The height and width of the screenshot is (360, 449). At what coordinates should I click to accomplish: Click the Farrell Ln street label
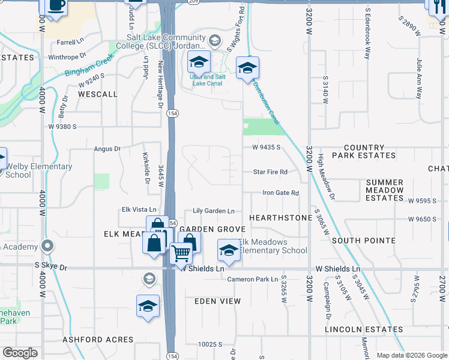(x=70, y=43)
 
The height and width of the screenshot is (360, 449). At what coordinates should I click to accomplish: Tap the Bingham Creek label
(x=85, y=67)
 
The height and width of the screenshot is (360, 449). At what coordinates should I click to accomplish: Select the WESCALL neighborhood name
(x=98, y=94)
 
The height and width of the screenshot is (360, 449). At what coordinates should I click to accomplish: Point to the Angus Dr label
(x=107, y=148)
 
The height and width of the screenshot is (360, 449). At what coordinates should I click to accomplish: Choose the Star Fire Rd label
(x=270, y=172)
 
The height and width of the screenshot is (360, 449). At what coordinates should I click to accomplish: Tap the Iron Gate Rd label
(x=280, y=193)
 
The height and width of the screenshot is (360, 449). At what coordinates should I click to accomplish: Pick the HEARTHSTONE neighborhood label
(x=281, y=217)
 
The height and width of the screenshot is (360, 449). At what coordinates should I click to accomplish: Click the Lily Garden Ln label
(x=213, y=211)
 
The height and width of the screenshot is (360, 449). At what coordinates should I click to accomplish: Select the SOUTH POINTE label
(x=363, y=241)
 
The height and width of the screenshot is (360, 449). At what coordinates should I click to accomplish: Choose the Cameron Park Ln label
(x=253, y=279)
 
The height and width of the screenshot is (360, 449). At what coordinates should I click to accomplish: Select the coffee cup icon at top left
(x=56, y=6)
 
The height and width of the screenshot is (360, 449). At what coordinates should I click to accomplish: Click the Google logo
(x=20, y=353)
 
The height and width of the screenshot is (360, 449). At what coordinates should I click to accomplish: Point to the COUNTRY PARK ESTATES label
(x=364, y=151)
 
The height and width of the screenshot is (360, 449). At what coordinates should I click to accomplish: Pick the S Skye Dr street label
(x=51, y=265)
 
